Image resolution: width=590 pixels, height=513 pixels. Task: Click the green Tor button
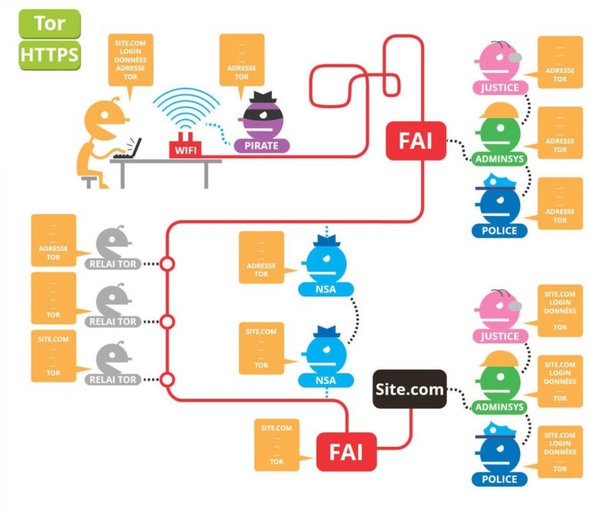(x=49, y=23)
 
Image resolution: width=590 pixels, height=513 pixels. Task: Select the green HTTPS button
(x=49, y=55)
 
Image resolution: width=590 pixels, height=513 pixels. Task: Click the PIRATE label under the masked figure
(x=262, y=145)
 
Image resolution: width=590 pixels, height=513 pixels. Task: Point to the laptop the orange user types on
(x=129, y=149)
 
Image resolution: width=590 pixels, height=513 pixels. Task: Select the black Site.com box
(x=409, y=389)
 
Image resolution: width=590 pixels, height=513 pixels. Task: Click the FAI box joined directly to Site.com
(x=346, y=451)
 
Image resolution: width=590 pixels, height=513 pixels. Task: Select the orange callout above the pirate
(x=241, y=61)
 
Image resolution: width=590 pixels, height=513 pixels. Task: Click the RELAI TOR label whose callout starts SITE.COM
(x=114, y=379)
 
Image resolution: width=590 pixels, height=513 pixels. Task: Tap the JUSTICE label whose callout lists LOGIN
(x=499, y=336)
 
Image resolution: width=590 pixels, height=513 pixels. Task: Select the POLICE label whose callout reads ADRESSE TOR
(x=499, y=230)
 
